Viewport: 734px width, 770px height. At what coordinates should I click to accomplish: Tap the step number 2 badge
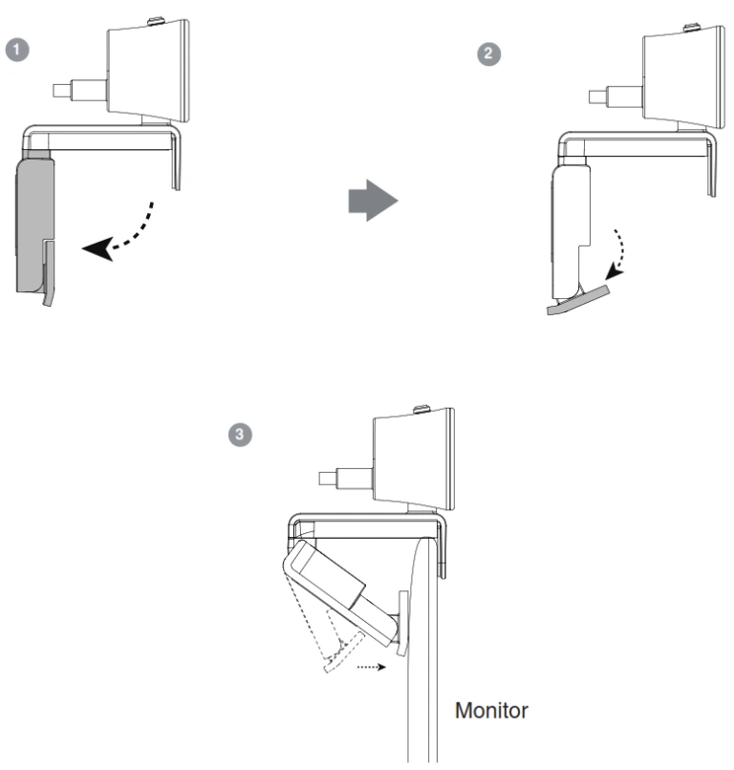coord(486,54)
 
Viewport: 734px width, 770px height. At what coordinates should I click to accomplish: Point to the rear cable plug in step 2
coord(611,97)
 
